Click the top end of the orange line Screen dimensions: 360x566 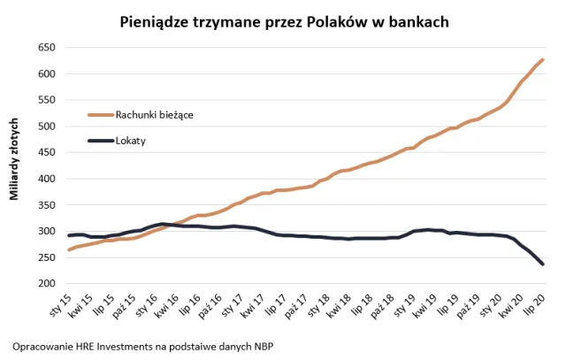click(542, 59)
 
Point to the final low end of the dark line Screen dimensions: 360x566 click(542, 264)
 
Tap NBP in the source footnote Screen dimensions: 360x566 click(261, 345)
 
